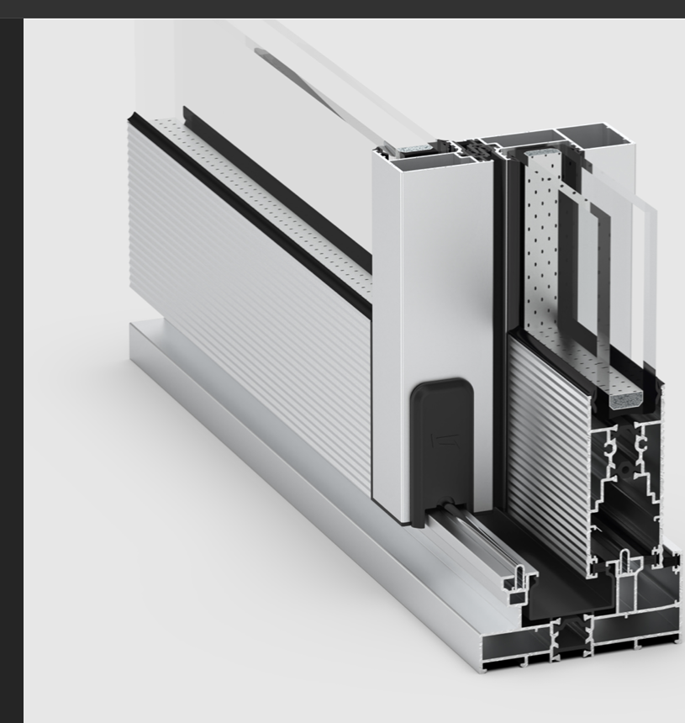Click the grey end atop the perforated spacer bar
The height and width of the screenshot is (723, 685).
[540, 156]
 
